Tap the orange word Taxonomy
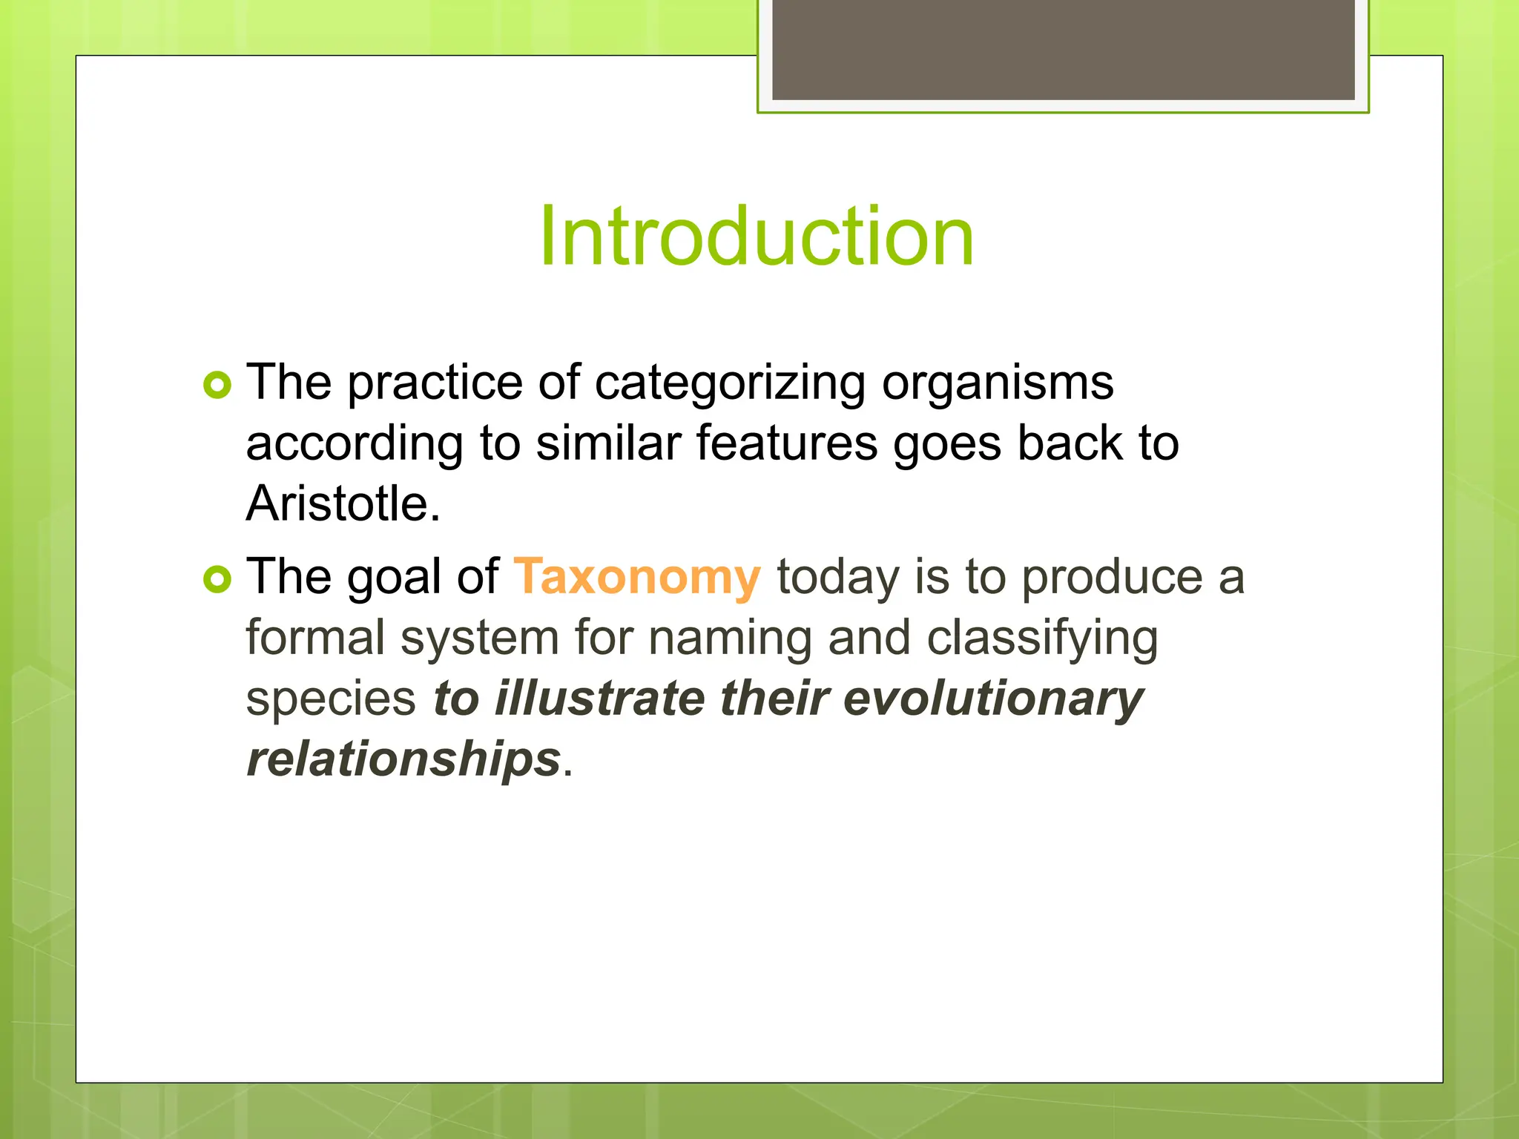(637, 577)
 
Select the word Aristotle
(343, 504)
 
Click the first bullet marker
(217, 385)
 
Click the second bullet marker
(217, 579)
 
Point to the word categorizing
(730, 383)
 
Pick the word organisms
(998, 383)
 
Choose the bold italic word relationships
(403, 759)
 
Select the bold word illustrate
(599, 699)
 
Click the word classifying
(1042, 638)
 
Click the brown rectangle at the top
(1063, 49)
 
